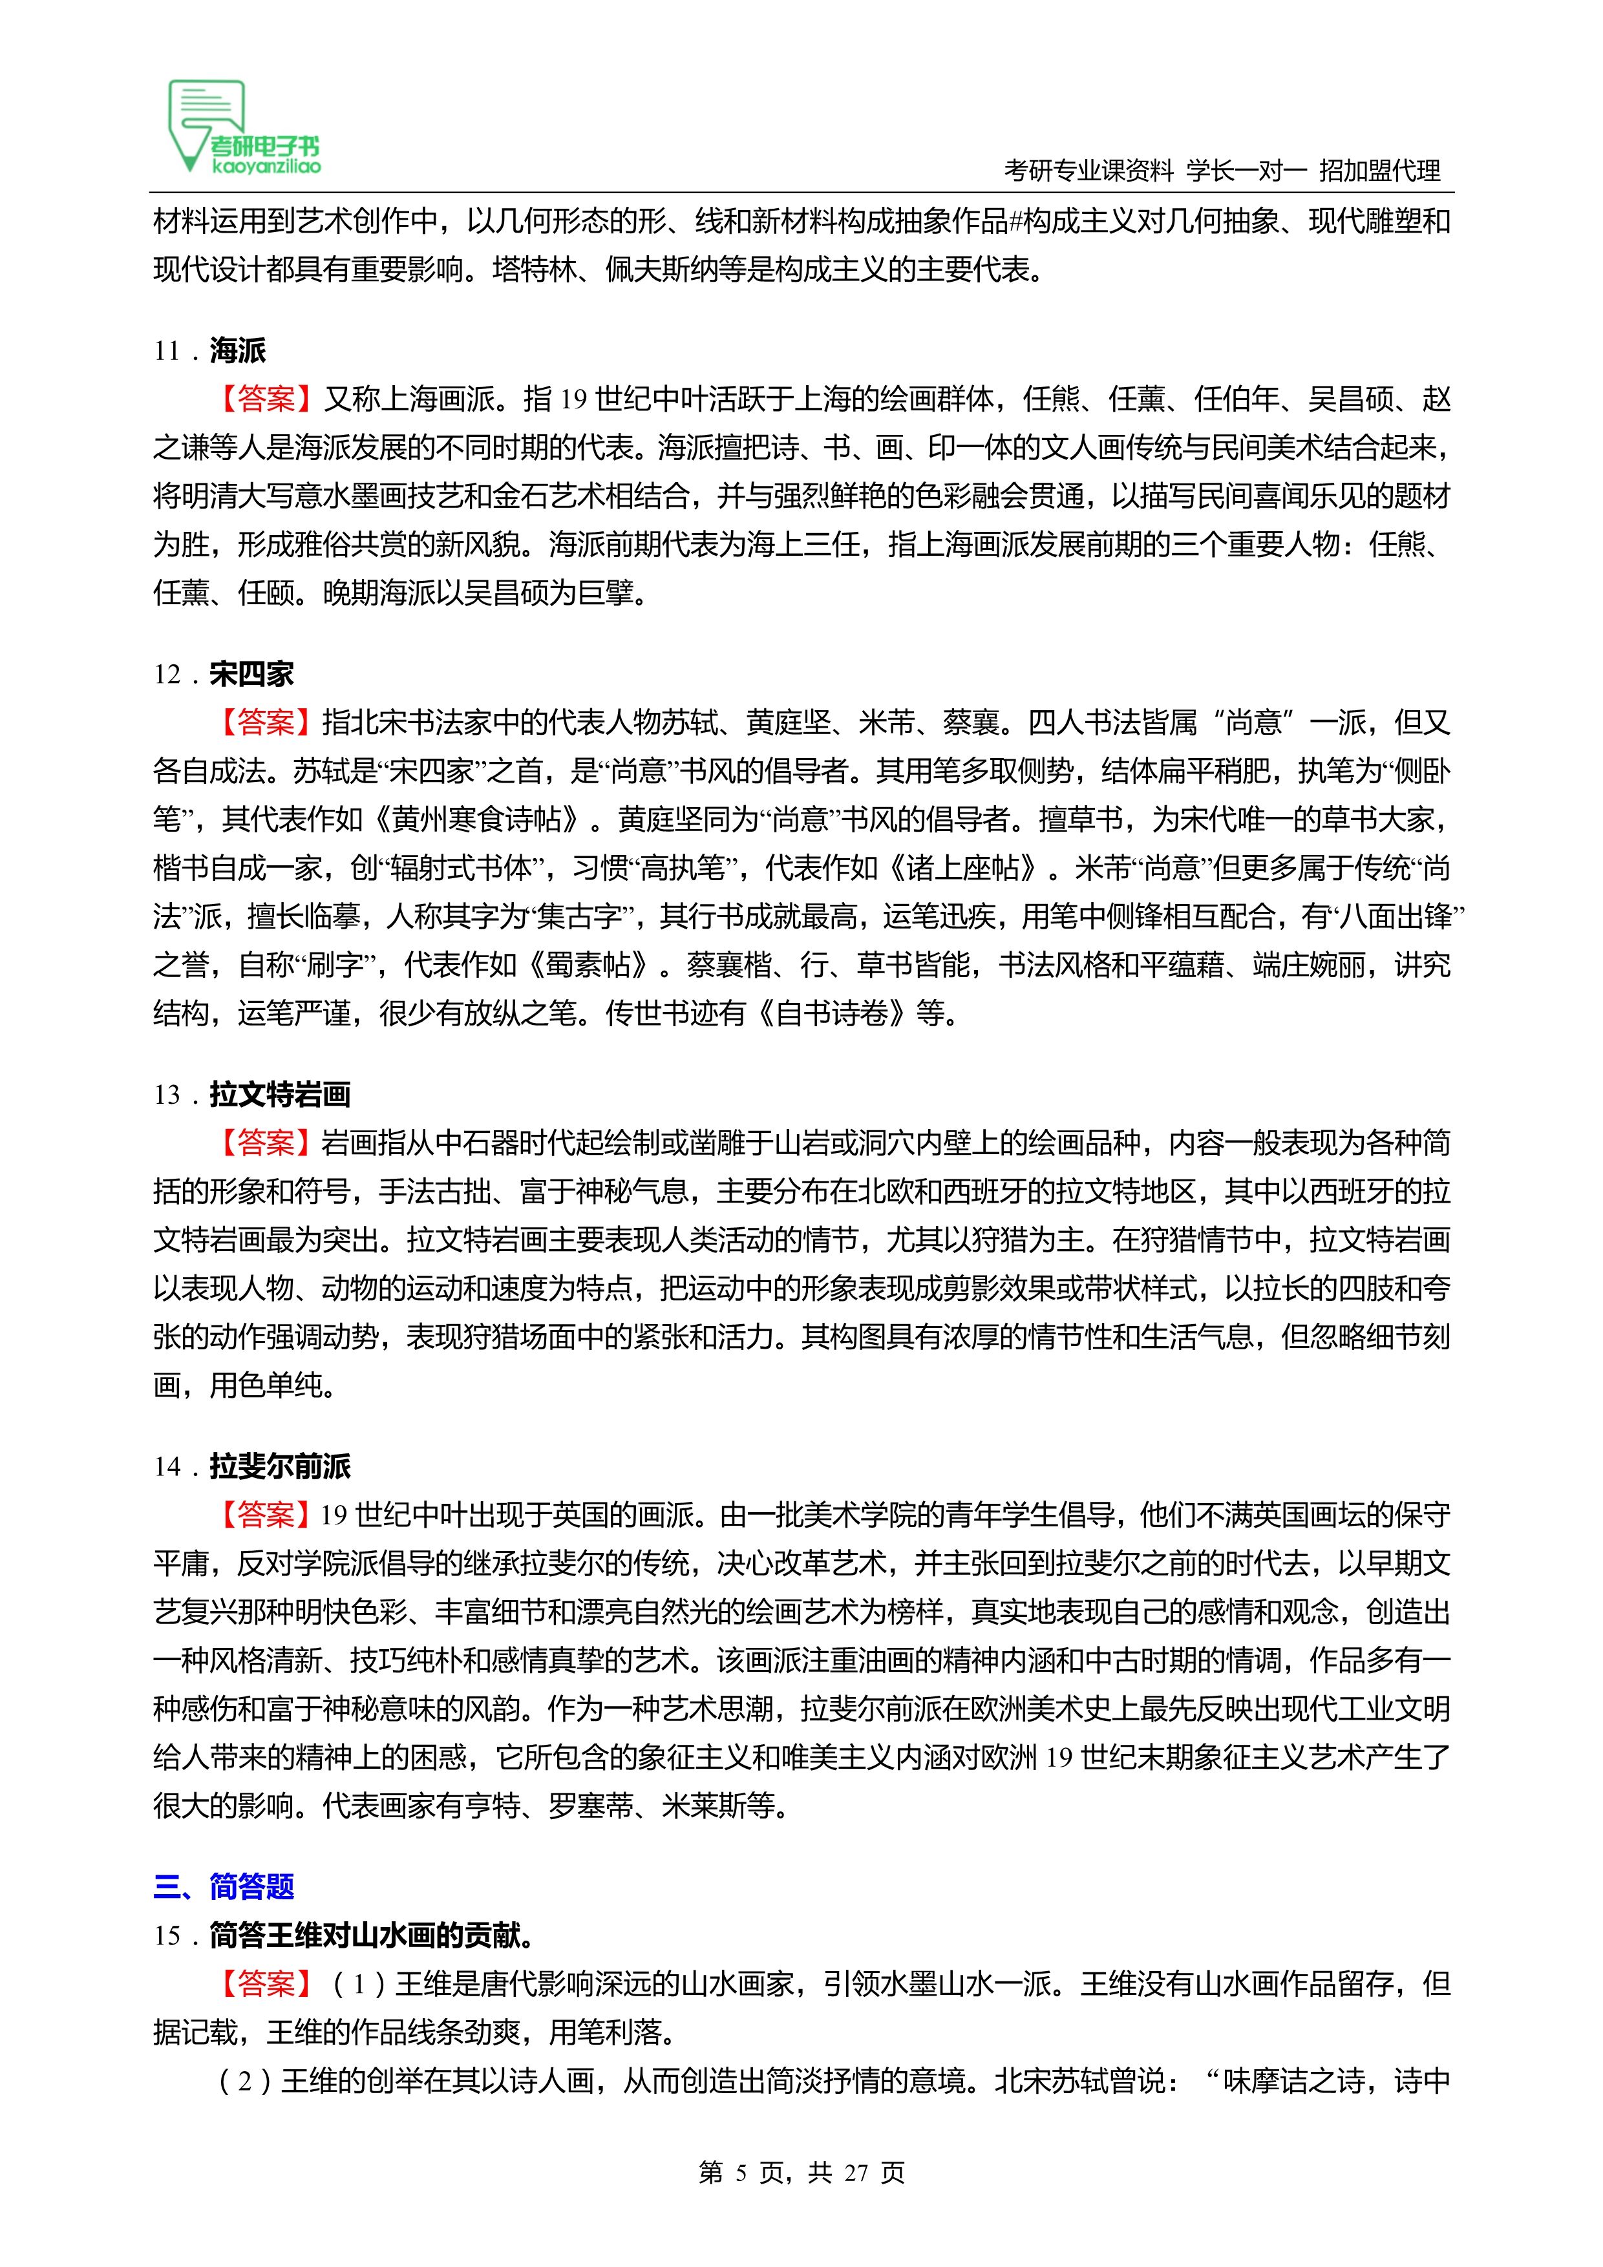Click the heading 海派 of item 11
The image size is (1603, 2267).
click(x=237, y=350)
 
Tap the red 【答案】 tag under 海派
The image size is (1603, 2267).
click(x=266, y=399)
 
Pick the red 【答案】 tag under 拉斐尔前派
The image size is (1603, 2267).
click(x=266, y=1515)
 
